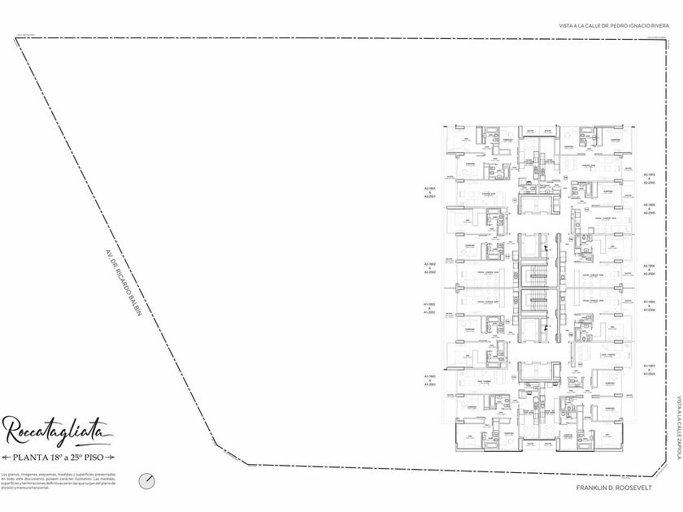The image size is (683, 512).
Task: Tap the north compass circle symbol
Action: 146,480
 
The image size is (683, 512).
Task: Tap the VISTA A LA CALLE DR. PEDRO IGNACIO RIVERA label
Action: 614,26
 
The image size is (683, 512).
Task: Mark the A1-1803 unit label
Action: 650,367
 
